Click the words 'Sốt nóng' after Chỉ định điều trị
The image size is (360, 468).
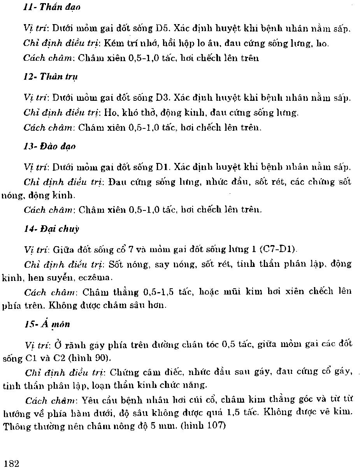pyautogui.click(x=129, y=265)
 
